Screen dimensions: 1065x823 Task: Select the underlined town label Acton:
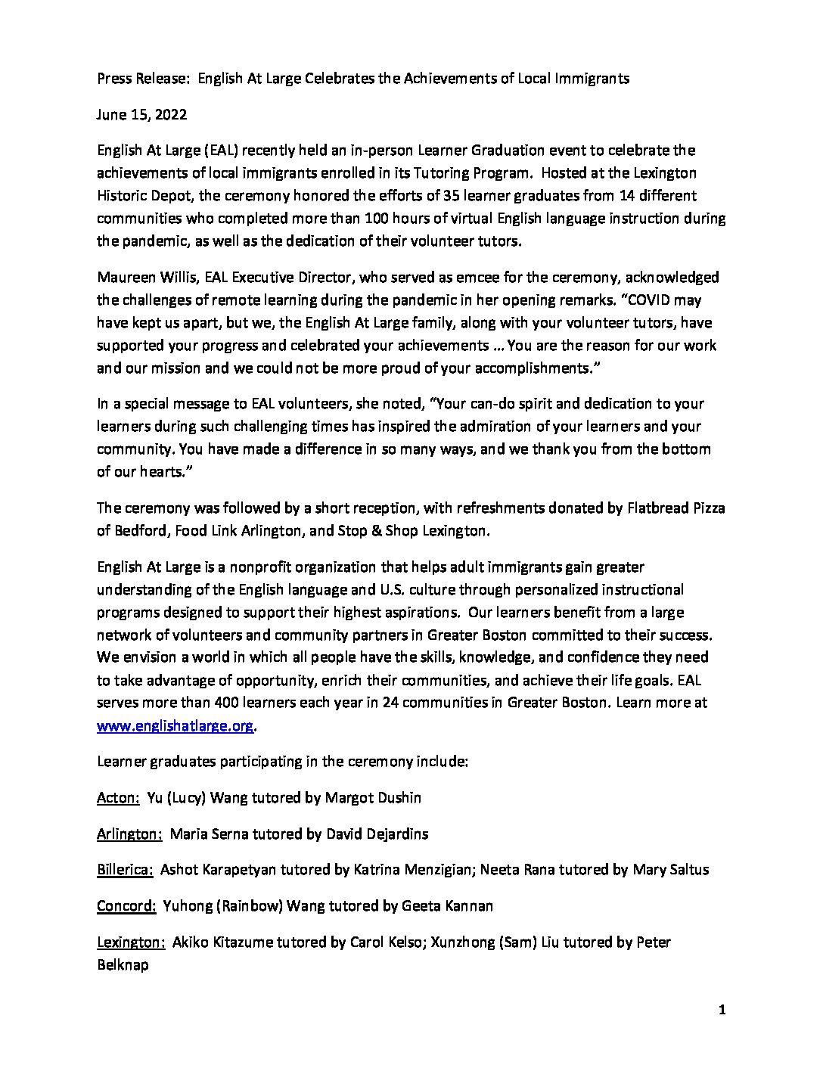click(x=115, y=797)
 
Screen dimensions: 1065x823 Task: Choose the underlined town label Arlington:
click(x=129, y=834)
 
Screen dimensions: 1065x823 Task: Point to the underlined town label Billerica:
click(x=126, y=870)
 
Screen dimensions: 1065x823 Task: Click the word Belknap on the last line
click(x=123, y=965)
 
